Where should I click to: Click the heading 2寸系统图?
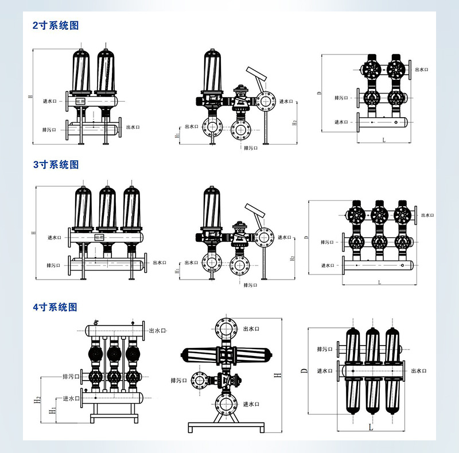click(x=55, y=26)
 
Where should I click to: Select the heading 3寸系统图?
click(x=55, y=165)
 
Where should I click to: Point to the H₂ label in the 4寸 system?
click(x=37, y=398)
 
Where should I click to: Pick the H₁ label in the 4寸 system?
click(x=52, y=409)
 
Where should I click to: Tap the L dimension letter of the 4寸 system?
click(x=371, y=428)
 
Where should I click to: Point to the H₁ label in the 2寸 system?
click(x=177, y=135)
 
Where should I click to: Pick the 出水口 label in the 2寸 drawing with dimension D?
click(x=422, y=69)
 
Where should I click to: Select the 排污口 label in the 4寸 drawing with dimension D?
click(x=325, y=349)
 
